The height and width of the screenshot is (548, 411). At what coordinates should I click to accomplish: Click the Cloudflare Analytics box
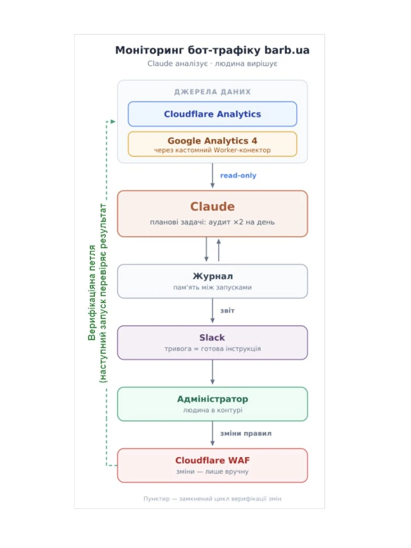pos(213,114)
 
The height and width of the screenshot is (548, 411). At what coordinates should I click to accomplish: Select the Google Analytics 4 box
pos(213,144)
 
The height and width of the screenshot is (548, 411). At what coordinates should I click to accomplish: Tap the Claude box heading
pos(213,207)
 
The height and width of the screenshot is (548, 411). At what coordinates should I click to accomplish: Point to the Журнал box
pos(213,281)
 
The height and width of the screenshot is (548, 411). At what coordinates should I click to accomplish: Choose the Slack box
pos(213,342)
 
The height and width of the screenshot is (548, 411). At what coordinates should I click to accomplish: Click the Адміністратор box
pos(213,404)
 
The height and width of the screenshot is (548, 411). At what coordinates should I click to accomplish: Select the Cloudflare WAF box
pos(213,465)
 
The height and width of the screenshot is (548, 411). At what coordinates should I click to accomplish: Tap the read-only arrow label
pos(238,176)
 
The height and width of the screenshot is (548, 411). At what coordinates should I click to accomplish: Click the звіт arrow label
pos(227,311)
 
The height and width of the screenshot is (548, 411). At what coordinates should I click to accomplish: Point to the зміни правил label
pos(246,433)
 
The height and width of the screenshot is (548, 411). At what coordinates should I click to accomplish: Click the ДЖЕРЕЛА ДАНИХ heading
pos(213,92)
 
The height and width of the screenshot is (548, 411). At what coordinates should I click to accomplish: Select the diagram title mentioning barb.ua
pos(213,50)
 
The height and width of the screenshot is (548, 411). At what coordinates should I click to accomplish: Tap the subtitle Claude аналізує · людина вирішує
pos(213,63)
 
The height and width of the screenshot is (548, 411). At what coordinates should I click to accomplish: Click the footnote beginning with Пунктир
pos(213,499)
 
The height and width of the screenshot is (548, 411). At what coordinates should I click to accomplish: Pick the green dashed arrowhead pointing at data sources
pos(113,122)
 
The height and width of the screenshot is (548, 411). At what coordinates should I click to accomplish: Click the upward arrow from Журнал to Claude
pos(219,250)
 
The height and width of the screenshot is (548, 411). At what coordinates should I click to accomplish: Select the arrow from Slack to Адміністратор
pos(213,372)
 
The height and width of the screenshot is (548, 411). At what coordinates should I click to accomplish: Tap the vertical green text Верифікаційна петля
pos(92,293)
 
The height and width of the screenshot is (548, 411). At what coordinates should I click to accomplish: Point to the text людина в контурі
pos(213,410)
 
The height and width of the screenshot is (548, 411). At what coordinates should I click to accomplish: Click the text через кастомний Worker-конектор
pos(213,150)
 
